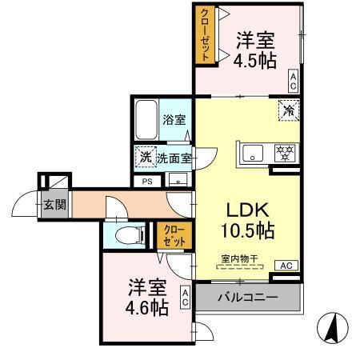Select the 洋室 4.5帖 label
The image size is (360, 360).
click(256, 49)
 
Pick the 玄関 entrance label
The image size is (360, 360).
click(54, 203)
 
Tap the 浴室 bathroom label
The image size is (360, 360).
click(174, 120)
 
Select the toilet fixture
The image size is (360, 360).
click(128, 234)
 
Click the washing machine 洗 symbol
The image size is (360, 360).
click(145, 158)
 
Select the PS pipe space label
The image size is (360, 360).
click(146, 182)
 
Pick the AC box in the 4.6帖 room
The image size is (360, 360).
click(184, 298)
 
